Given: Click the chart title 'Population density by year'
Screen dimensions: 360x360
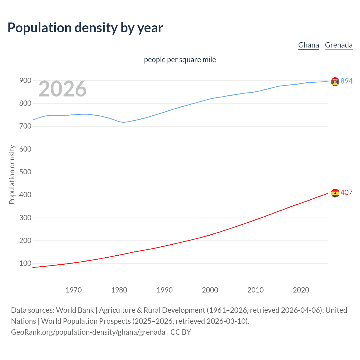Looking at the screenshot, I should (x=85, y=28).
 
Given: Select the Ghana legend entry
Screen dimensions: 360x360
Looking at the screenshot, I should (x=308, y=45).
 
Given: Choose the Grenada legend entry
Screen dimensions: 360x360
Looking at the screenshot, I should (x=339, y=45).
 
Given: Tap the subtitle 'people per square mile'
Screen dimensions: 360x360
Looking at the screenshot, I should (x=180, y=60).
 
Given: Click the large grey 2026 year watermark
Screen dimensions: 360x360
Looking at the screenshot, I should (x=62, y=89).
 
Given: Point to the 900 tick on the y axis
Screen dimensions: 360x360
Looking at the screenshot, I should (x=25, y=81).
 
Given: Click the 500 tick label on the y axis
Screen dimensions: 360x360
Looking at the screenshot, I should (x=25, y=172).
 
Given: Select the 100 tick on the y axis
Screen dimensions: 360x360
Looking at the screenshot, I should (x=25, y=264).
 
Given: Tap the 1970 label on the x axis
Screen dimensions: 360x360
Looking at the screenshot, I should (x=74, y=290).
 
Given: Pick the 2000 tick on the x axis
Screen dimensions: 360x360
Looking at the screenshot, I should (x=210, y=290).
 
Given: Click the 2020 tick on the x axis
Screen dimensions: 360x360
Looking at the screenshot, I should (x=301, y=290).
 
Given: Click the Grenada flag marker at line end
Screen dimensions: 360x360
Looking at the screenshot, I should (x=335, y=82).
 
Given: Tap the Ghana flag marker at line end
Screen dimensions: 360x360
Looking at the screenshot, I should (x=335, y=193).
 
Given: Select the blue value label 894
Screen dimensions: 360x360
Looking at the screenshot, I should (x=346, y=81).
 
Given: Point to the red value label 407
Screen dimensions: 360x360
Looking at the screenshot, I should (x=346, y=192).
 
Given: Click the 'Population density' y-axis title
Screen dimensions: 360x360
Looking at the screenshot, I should (x=12, y=174).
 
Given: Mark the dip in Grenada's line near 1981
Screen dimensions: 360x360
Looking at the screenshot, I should (x=123, y=122).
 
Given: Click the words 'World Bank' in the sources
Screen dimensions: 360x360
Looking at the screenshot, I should (x=75, y=310).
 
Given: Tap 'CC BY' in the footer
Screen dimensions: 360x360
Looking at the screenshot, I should (x=181, y=332).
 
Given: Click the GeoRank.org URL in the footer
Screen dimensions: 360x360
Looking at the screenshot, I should (x=88, y=332).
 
